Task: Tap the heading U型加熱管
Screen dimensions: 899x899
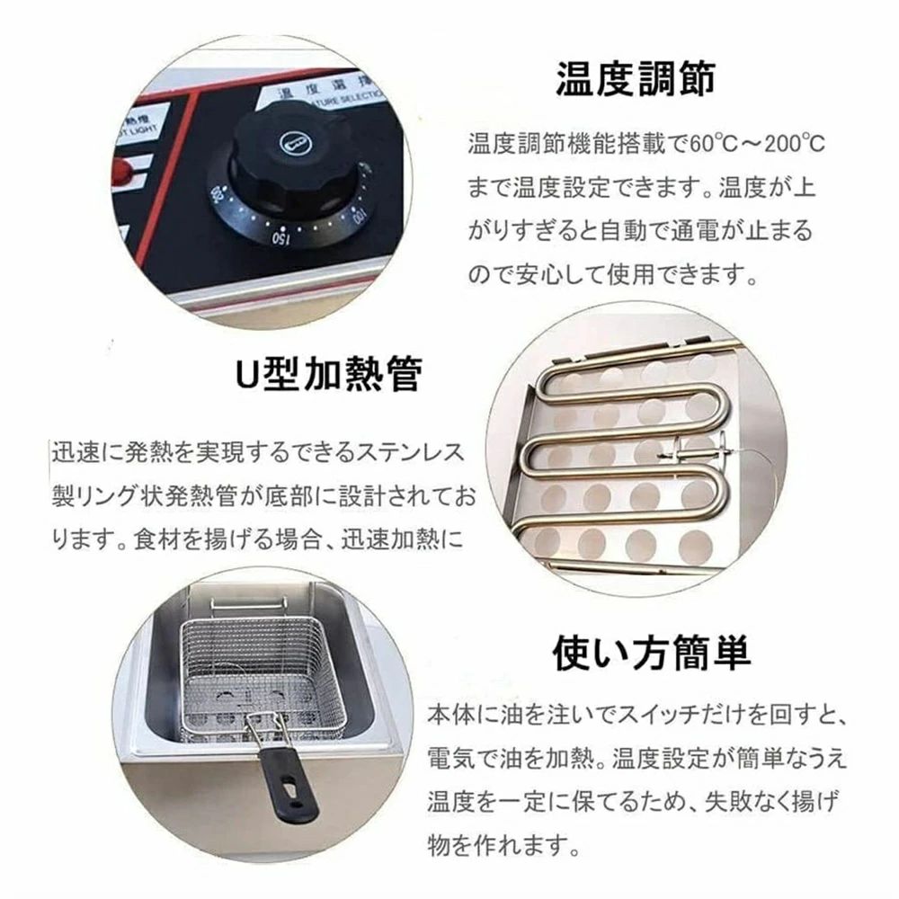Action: coord(330,373)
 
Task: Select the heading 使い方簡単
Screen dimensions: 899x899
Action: coord(652,653)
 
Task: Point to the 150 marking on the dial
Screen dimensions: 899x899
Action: coord(280,236)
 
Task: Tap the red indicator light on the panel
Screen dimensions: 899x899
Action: coord(121,170)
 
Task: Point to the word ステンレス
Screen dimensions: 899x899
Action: coord(409,453)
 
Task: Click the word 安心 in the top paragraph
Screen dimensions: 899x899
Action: coord(540,274)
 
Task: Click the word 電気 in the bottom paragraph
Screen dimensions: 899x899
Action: coord(450,758)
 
